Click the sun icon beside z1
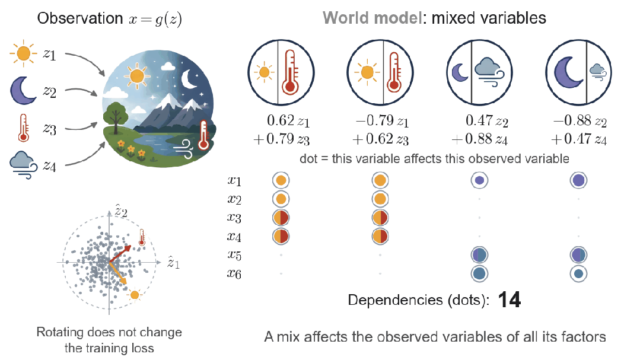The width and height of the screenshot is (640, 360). pyautogui.click(x=24, y=53)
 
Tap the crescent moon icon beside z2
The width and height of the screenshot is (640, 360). pyautogui.click(x=23, y=91)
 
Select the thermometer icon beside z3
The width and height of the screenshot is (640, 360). pyautogui.click(x=24, y=128)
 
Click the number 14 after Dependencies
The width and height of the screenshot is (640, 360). pyautogui.click(x=510, y=300)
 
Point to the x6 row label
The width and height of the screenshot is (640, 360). pyautogui.click(x=234, y=274)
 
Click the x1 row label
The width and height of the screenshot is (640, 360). pyautogui.click(x=234, y=180)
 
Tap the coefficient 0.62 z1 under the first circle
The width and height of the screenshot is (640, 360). pyautogui.click(x=288, y=121)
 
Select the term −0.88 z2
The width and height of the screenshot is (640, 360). pyautogui.click(x=580, y=121)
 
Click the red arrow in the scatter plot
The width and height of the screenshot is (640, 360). pyautogui.click(x=120, y=254)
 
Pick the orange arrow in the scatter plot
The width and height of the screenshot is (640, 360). pyautogui.click(x=118, y=273)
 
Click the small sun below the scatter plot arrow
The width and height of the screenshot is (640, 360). pyautogui.click(x=134, y=295)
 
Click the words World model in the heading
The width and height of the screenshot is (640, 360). pyautogui.click(x=372, y=18)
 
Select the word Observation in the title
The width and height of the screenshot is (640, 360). pyautogui.click(x=80, y=18)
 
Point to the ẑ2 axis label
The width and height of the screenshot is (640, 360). pyautogui.click(x=121, y=212)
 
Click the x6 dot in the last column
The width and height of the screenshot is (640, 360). pyautogui.click(x=578, y=274)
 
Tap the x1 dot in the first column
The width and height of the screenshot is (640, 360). pyautogui.click(x=281, y=180)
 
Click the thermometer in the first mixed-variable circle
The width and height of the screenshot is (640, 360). pyautogui.click(x=290, y=72)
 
